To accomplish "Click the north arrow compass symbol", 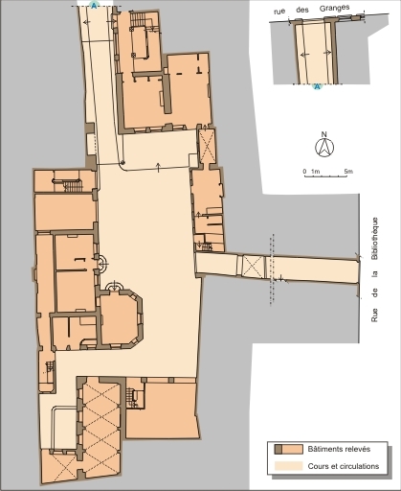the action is coord(324,148).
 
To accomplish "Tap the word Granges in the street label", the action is coord(334,9).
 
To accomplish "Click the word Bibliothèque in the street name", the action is coord(374,239).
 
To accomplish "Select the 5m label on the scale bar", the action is coord(348,172).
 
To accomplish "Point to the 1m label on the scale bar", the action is coord(315,172).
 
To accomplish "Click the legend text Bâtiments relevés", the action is coord(339,449).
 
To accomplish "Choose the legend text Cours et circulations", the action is coord(344,466).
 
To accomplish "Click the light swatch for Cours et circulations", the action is coord(289,466).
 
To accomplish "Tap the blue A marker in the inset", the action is coord(317,86).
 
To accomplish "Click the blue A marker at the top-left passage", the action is coord(94,5).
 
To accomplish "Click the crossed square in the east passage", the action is coord(254,267).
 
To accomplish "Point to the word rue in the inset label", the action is coord(279,12).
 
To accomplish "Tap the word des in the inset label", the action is coord(302,10).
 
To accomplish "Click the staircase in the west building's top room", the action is coord(73,185).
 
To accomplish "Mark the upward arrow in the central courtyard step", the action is coord(158,167).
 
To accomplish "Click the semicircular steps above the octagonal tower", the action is coord(114,286).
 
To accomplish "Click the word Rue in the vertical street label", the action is coord(374,315).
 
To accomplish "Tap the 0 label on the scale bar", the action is coord(304,172).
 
